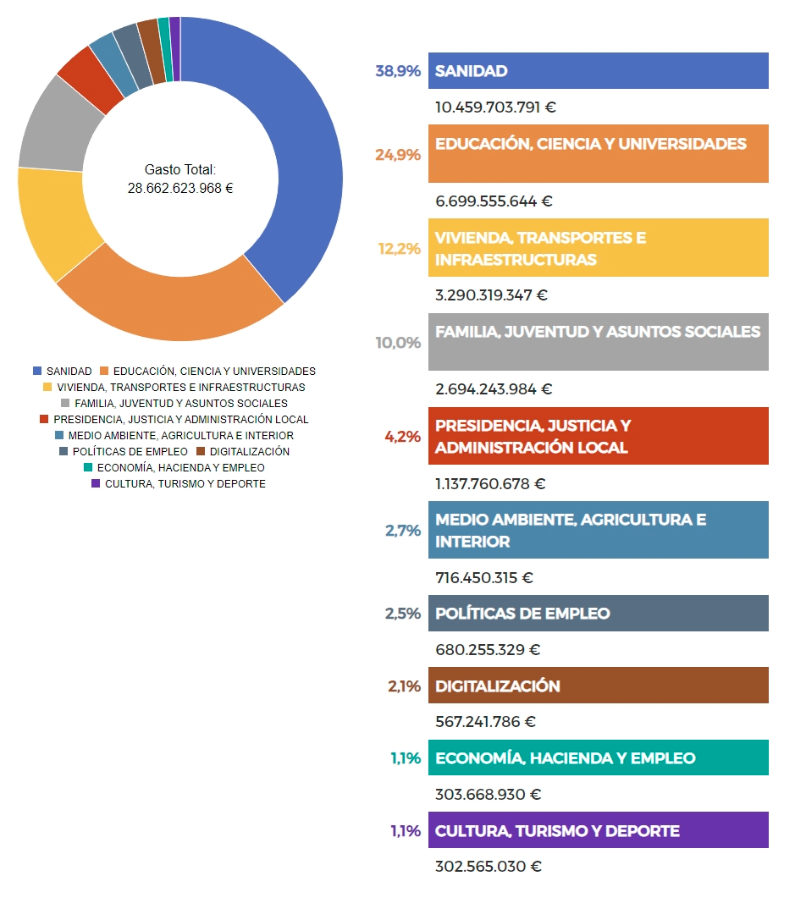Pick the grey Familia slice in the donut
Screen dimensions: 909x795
(x=55, y=127)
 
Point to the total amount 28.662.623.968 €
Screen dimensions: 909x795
(x=180, y=188)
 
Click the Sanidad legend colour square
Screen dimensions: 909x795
(x=37, y=372)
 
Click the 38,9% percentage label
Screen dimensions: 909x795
(x=398, y=72)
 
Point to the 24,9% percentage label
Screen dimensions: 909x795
(x=398, y=154)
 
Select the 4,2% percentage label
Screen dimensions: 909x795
(x=402, y=437)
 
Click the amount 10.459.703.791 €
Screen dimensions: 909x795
(x=495, y=107)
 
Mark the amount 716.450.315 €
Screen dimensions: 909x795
(x=483, y=578)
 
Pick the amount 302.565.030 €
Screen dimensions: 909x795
(x=488, y=867)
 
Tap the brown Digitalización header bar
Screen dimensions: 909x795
(x=598, y=686)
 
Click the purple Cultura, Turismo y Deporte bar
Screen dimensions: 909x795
(x=598, y=830)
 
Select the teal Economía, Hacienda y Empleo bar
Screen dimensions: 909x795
(x=598, y=758)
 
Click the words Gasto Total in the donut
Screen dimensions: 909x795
(x=180, y=169)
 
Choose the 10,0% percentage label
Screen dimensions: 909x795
(x=398, y=343)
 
